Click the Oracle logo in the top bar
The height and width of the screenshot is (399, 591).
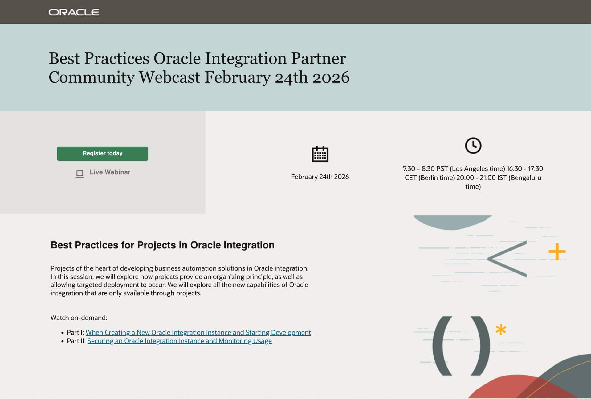click(x=74, y=12)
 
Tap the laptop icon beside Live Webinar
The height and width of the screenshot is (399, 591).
click(x=80, y=174)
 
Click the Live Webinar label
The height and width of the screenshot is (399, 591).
click(x=110, y=172)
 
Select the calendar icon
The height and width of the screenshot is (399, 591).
click(x=320, y=154)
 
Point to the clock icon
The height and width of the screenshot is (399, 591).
click(x=473, y=146)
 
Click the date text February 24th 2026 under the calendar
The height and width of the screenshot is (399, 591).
click(x=320, y=177)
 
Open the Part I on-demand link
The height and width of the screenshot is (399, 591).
click(x=198, y=333)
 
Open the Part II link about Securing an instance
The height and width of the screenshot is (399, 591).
click(x=179, y=341)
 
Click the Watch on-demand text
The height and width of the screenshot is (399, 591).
click(x=79, y=318)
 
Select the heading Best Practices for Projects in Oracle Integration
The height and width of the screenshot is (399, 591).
click(x=162, y=245)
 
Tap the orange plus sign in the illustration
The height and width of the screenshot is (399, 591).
click(x=557, y=251)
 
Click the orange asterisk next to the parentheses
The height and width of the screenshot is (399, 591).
click(x=501, y=330)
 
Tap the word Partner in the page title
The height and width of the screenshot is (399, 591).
click(x=318, y=58)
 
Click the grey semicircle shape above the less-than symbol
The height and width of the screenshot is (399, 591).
click(x=452, y=222)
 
